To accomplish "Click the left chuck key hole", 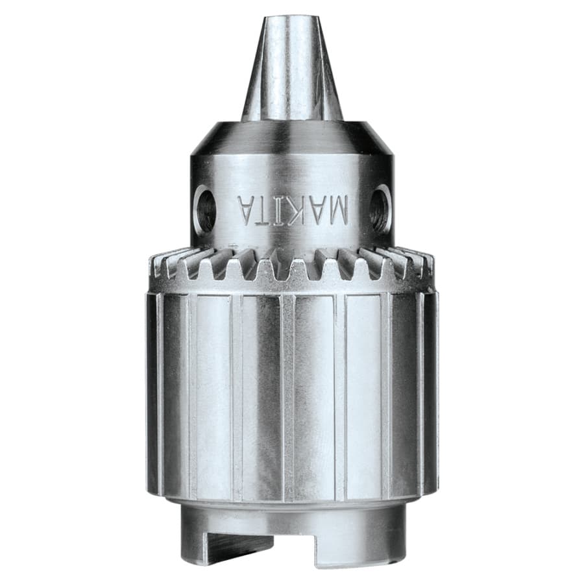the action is [206, 209].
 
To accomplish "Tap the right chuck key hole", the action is [380, 209].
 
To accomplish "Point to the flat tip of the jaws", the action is [292, 19].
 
